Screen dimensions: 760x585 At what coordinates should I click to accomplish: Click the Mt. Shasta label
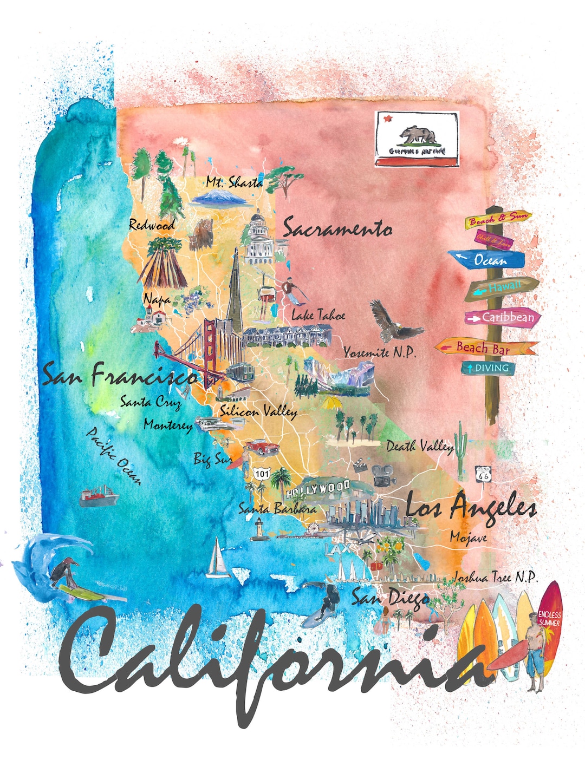pos(234,182)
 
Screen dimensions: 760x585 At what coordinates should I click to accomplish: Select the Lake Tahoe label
pos(318,315)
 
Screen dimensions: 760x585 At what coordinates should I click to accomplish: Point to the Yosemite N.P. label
pos(380,353)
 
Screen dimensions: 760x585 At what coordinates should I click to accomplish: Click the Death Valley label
pos(420,447)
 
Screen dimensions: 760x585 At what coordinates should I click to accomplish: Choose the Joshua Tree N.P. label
pos(495,577)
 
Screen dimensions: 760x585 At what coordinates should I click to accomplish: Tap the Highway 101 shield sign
pos(262,474)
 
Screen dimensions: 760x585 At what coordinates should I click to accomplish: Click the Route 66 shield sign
pos(483,474)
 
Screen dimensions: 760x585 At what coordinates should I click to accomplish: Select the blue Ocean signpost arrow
pos(490,260)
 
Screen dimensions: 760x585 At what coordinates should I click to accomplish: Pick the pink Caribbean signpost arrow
pos(503,318)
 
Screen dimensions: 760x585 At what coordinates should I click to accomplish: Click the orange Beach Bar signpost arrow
pos(485,348)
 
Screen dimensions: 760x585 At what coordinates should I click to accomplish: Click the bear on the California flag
pos(418,135)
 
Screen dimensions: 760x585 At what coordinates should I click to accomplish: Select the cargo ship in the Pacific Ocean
pos(98,496)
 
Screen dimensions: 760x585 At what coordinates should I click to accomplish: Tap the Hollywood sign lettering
pos(318,489)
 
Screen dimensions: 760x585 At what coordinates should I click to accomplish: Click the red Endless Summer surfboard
pos(549,623)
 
